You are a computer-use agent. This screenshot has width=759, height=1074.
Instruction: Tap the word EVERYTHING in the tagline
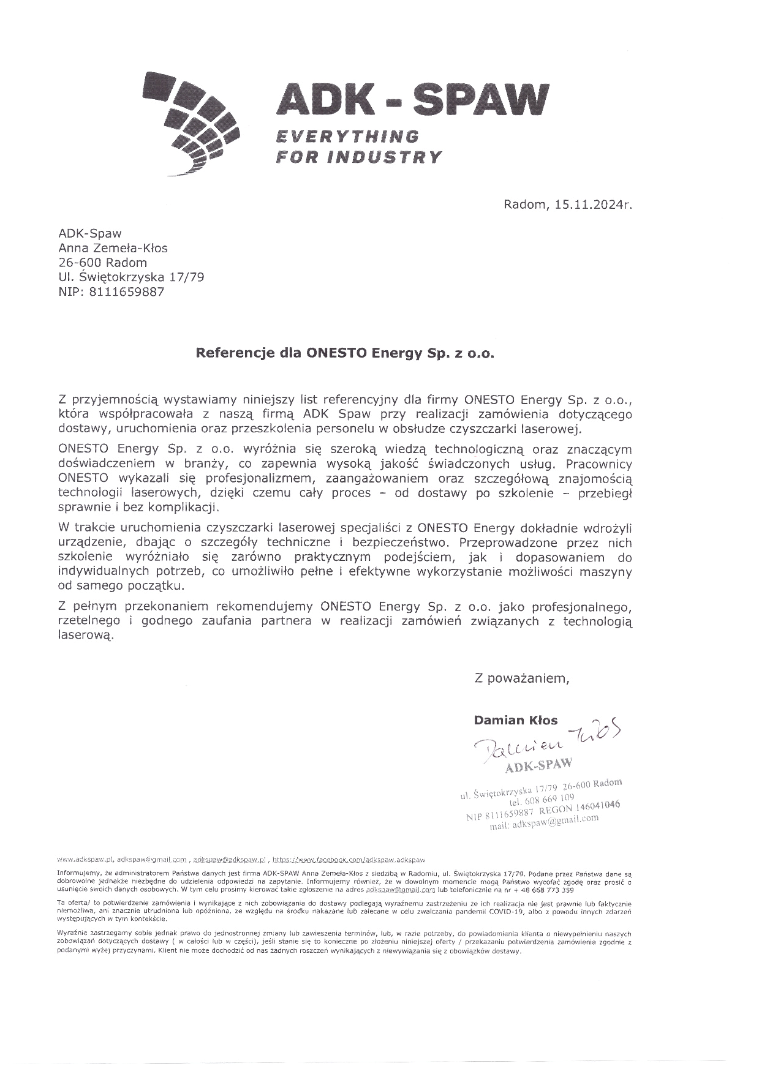[x=346, y=136]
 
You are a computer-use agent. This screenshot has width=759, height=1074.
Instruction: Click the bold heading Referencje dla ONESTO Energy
[x=344, y=353]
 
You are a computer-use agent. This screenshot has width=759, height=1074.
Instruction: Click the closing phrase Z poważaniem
[x=522, y=678]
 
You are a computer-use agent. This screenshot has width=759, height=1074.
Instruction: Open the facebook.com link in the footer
[x=349, y=860]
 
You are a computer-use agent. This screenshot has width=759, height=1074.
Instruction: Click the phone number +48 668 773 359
[x=540, y=890]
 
